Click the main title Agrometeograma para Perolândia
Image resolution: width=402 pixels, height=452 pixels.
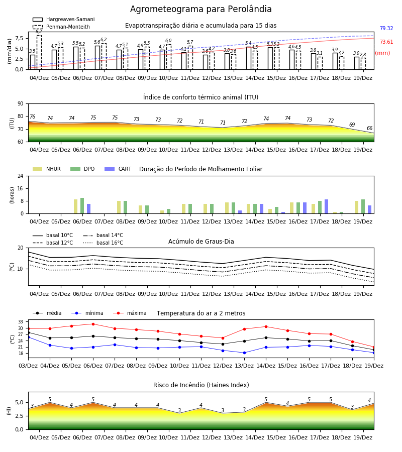(x=200, y=9)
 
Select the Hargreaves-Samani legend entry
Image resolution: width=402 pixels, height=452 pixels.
(x=63, y=19)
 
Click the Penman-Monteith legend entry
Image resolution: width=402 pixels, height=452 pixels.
(x=61, y=27)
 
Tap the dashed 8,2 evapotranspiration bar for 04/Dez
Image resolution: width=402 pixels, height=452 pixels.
(x=39, y=52)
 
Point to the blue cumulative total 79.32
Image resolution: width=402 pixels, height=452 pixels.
(x=386, y=28)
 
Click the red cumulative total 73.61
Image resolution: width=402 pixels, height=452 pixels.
(x=386, y=42)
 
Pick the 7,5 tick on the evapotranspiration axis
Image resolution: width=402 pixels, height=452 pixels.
(x=19, y=38)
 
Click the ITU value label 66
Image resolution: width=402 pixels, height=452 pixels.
(x=369, y=128)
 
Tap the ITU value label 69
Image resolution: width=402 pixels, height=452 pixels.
(x=352, y=125)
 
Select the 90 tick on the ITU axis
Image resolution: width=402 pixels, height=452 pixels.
(x=21, y=104)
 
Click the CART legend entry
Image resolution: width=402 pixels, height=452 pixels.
(x=118, y=169)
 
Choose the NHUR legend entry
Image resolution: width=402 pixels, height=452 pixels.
(x=47, y=169)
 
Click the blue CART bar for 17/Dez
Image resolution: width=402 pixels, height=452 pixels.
(x=326, y=206)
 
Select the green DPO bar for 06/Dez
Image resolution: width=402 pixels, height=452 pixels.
(x=82, y=206)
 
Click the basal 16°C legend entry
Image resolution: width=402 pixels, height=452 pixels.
(x=103, y=243)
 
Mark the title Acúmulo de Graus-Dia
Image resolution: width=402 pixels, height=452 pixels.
(x=201, y=242)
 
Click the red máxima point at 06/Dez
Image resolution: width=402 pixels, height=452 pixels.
(x=93, y=324)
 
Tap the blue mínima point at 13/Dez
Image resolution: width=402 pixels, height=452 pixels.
(x=244, y=353)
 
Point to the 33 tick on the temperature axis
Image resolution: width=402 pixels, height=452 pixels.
(x=21, y=322)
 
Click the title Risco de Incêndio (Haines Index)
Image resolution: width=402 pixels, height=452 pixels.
(x=201, y=385)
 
